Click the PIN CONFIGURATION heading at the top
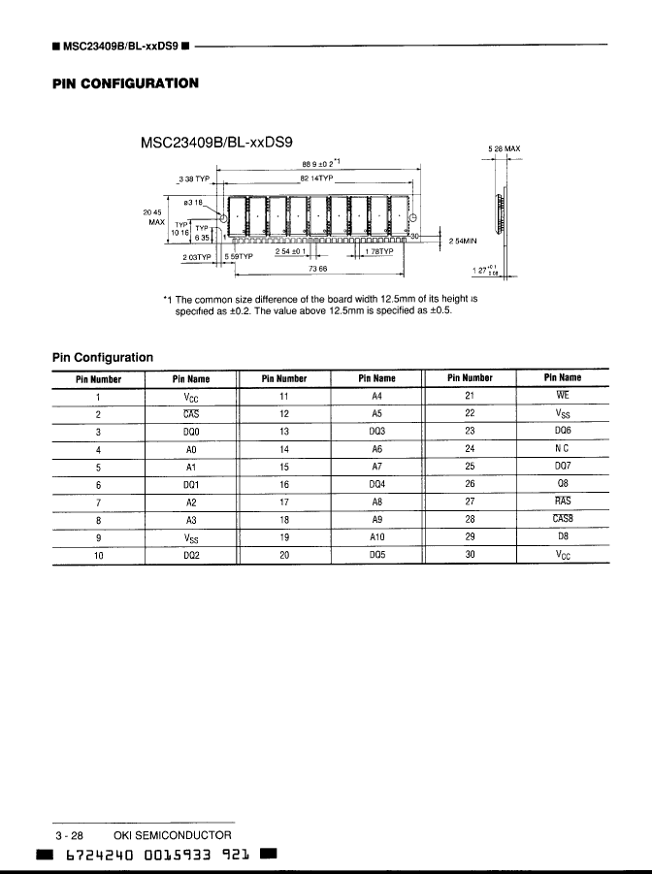(125, 82)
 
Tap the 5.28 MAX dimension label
(504, 149)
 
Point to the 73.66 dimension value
(315, 268)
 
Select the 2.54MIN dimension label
(461, 239)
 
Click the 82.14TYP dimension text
(315, 178)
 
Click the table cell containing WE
(562, 396)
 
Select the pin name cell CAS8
(562, 519)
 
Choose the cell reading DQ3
(377, 431)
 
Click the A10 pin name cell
(377, 536)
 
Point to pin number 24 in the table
(470, 449)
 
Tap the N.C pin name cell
(562, 449)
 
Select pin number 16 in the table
(284, 484)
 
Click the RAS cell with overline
(562, 502)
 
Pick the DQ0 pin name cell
(191, 431)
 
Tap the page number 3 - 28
(70, 834)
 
